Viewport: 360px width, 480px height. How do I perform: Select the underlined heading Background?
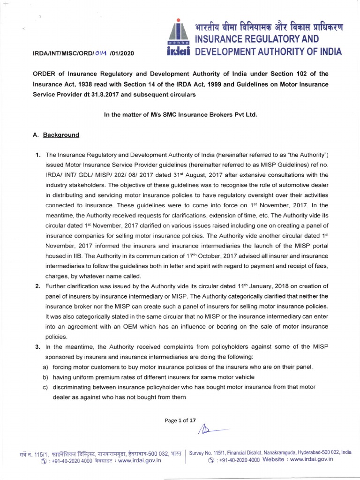pos(61,135)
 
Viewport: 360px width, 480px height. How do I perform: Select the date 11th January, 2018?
pos(257,286)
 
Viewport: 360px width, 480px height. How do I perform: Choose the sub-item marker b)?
pos(45,377)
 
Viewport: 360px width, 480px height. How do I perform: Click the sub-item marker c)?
pos(45,387)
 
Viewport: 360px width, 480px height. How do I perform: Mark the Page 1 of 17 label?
pos(180,420)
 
